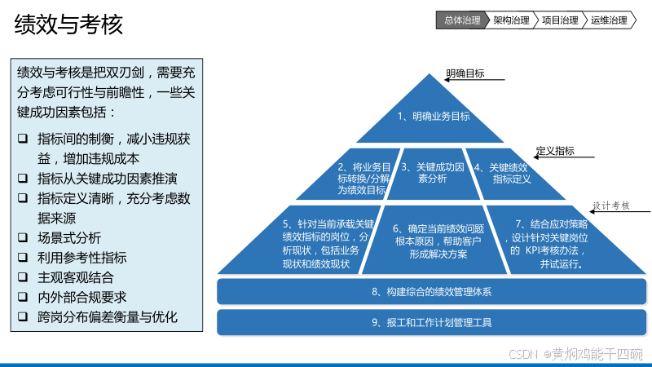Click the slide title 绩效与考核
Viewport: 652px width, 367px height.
pos(68,24)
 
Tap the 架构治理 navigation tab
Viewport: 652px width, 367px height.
pos(511,20)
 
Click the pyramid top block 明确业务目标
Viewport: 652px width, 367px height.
pos(434,116)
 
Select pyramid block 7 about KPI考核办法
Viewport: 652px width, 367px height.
pos(548,243)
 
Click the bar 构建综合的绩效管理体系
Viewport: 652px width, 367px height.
pos(432,291)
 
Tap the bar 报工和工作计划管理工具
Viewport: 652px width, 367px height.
pos(432,322)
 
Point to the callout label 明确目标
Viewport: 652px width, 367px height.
pos(465,73)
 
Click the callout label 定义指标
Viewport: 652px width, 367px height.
pos(555,151)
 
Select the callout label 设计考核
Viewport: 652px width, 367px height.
pos(610,206)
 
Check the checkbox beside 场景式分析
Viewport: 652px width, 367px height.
pos(23,238)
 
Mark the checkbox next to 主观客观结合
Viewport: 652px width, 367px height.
pos(23,277)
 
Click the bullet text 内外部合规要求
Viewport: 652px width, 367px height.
pos(82,297)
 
